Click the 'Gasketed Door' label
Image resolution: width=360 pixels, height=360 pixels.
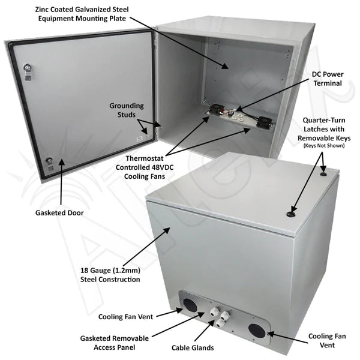coord(59,213)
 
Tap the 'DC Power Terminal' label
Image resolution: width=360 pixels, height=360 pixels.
coord(328,79)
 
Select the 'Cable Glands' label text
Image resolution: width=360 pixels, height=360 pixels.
coord(193,347)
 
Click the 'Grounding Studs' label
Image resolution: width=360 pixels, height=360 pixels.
coord(127,110)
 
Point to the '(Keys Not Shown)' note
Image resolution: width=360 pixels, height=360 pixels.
coord(324,146)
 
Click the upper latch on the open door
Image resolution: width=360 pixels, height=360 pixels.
coord(28,71)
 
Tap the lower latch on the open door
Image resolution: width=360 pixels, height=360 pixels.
coord(49,164)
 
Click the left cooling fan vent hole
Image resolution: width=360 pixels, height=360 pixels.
coord(190,305)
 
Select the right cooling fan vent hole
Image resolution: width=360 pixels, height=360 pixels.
coord(257,331)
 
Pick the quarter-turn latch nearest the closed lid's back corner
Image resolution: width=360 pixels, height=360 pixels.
coord(323,174)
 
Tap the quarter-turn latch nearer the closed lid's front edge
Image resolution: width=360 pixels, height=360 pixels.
coord(292,214)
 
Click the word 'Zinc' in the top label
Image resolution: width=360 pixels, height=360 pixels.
coord(42,10)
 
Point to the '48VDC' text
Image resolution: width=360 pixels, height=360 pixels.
coord(163,167)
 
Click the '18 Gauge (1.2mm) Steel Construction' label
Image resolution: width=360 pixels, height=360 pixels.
coord(110,275)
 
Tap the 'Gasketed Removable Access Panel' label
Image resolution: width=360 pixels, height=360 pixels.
coord(115,343)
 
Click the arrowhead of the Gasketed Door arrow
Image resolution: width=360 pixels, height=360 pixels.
coord(61,161)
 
